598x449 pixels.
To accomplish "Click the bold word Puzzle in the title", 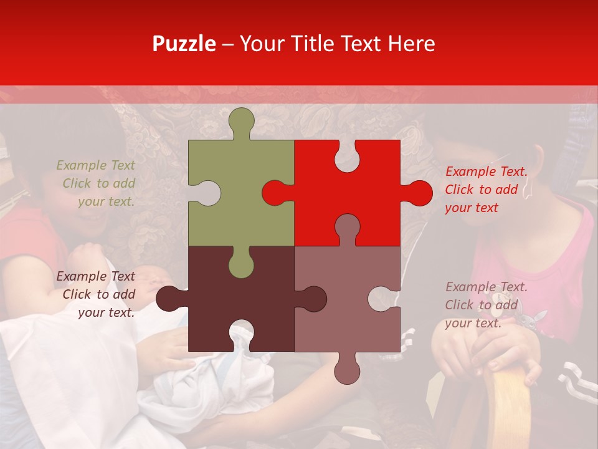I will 184,44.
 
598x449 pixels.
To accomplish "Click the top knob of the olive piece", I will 242,121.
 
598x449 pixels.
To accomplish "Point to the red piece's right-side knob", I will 417,193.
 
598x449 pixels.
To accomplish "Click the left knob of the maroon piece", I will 169,298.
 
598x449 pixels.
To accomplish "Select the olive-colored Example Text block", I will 96,183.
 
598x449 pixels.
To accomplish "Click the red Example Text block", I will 485,190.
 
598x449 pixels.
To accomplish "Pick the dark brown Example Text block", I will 96,294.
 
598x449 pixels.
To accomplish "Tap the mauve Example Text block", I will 485,305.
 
